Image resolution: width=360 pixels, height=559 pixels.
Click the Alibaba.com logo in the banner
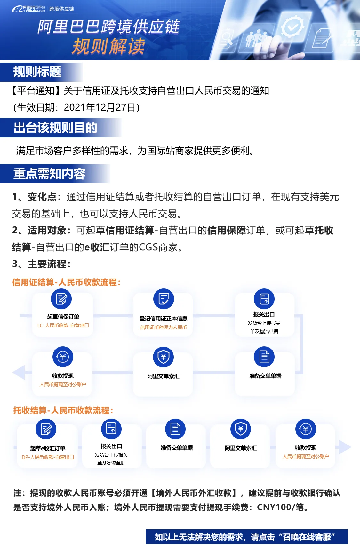pyautogui.click(x=29, y=9)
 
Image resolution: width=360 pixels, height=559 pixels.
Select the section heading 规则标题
pyautogui.click(x=37, y=72)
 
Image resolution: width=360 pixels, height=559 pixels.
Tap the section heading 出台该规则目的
pyautogui.click(x=55, y=128)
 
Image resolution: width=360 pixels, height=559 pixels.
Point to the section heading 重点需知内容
pyautogui.click(x=49, y=174)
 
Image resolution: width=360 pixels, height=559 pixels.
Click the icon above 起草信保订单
pyautogui.click(x=61, y=299)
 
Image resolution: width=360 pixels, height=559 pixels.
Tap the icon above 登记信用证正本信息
pyautogui.click(x=164, y=299)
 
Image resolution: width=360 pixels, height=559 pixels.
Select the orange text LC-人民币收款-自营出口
pyautogui.click(x=63, y=326)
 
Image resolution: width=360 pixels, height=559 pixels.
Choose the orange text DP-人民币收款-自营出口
pyautogui.click(x=48, y=457)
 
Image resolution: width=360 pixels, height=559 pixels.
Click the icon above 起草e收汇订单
pyautogui.click(x=46, y=429)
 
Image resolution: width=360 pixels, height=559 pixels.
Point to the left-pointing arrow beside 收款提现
pyautogui.click(x=19, y=372)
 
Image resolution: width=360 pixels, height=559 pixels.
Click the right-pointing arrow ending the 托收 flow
pyautogui.click(x=345, y=447)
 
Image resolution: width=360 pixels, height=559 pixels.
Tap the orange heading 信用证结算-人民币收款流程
pyautogui.click(x=66, y=282)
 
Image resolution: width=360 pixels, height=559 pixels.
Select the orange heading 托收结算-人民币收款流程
pyautogui.click(x=63, y=411)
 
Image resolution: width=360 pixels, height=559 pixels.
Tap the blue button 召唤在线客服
pyautogui.click(x=246, y=537)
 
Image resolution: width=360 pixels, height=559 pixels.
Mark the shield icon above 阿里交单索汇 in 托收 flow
pyautogui.click(x=241, y=429)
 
